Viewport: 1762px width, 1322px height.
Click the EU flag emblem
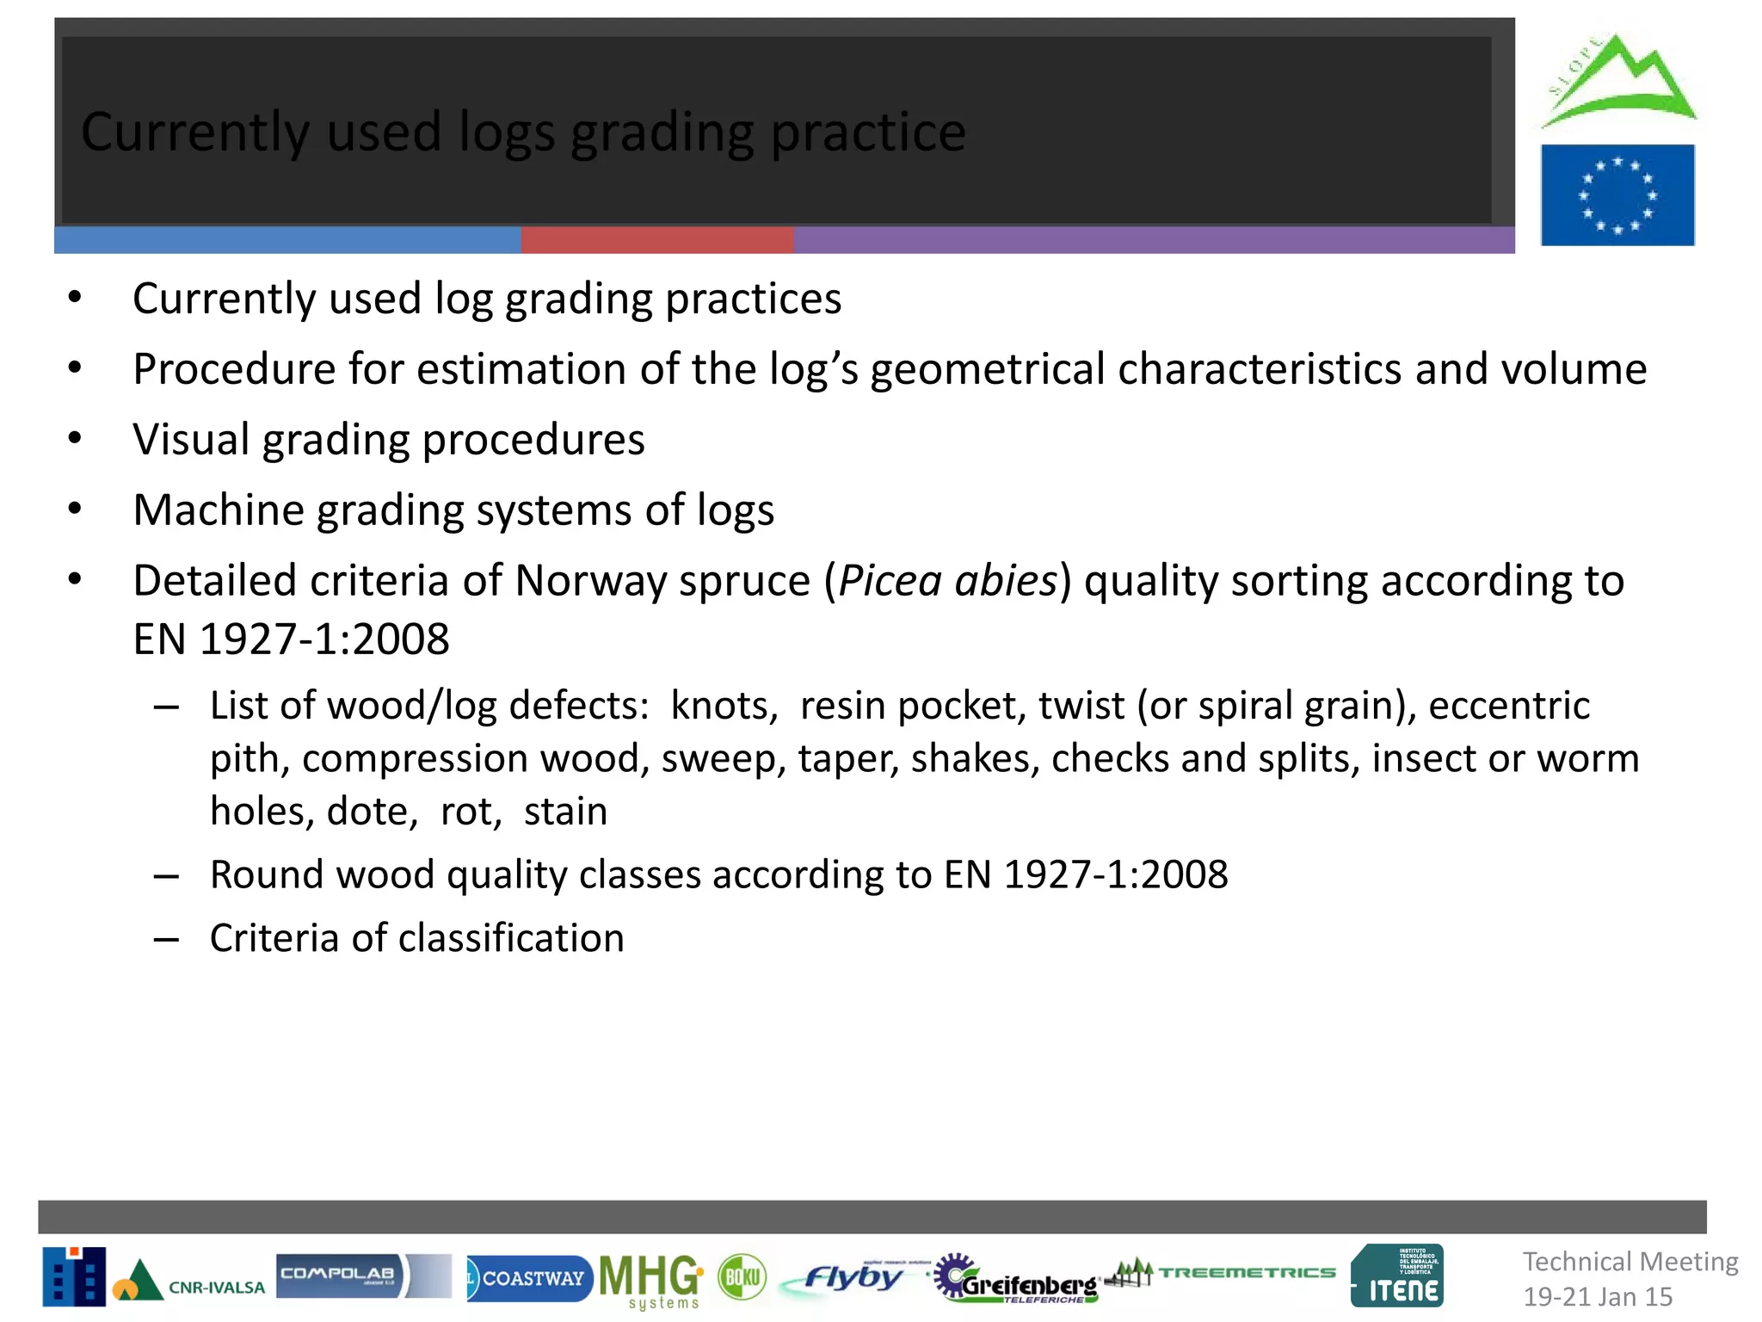(1617, 195)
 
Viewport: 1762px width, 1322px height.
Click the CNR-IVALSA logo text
(216, 1288)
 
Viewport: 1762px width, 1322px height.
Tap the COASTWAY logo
(528, 1278)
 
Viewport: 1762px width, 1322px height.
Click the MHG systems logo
(650, 1279)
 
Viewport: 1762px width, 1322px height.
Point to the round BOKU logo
(742, 1276)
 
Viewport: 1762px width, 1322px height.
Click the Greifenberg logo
(1020, 1280)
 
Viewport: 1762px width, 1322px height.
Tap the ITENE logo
(1398, 1276)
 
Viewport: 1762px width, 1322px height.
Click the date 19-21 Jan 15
(1598, 1296)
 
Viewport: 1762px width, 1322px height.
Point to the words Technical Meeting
(1630, 1262)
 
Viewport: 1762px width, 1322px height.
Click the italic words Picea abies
(947, 580)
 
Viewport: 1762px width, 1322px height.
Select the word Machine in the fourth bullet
(219, 510)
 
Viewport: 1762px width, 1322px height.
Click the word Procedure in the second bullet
(234, 369)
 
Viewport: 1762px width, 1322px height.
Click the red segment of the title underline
(657, 240)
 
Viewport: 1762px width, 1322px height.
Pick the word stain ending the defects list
(565, 811)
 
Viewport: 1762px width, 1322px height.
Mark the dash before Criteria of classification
(166, 939)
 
